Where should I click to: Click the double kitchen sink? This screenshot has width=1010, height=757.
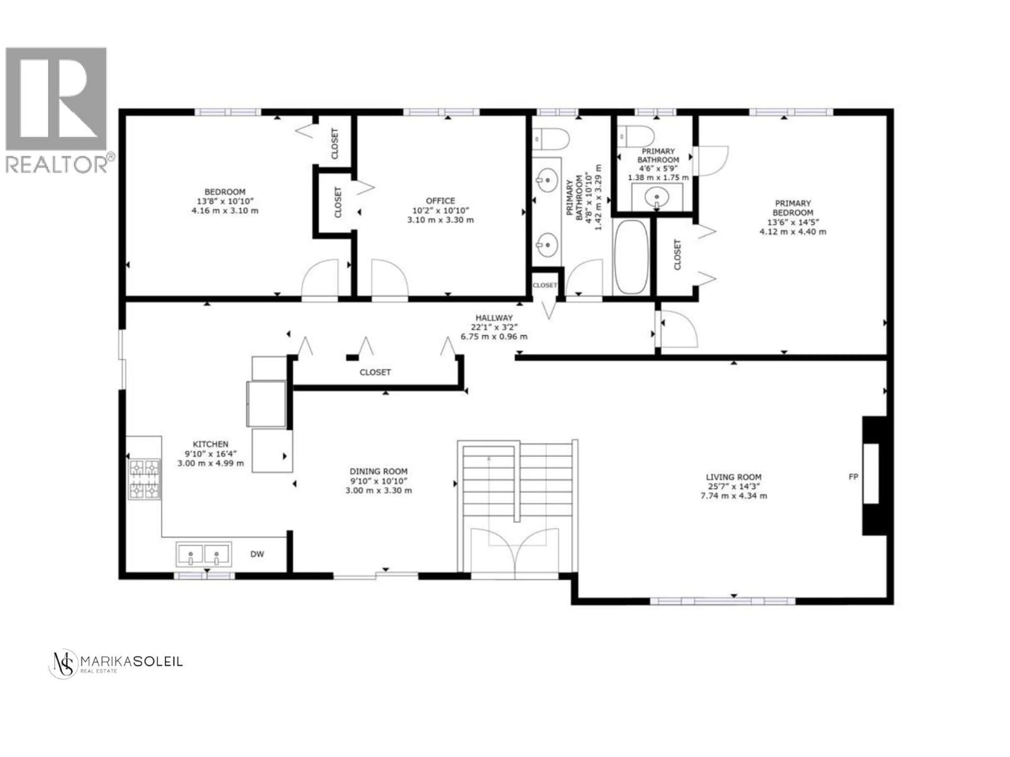[204, 554]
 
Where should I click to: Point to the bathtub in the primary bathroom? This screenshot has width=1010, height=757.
[631, 257]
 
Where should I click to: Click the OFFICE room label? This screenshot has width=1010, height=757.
[440, 201]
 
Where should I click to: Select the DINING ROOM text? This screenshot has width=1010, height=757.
[378, 471]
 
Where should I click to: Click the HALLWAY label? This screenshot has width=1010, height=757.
[494, 318]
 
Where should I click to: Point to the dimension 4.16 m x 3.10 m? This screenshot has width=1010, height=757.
[225, 211]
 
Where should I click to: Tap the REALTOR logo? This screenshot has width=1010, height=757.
[57, 110]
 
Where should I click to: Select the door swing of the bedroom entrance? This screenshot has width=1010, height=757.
[320, 278]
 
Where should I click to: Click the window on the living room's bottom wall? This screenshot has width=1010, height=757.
[722, 601]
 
